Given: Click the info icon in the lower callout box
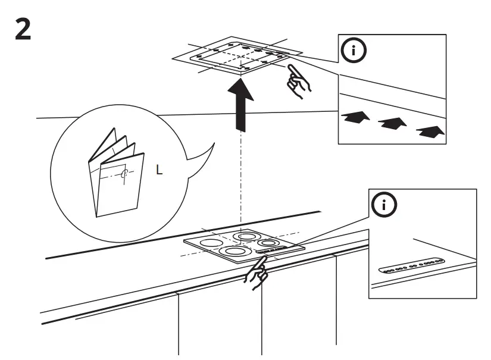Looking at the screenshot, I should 384,205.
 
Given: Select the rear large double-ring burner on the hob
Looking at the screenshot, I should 246,236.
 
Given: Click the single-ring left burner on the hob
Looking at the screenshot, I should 210,243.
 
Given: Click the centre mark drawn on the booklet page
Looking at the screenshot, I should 124,174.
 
